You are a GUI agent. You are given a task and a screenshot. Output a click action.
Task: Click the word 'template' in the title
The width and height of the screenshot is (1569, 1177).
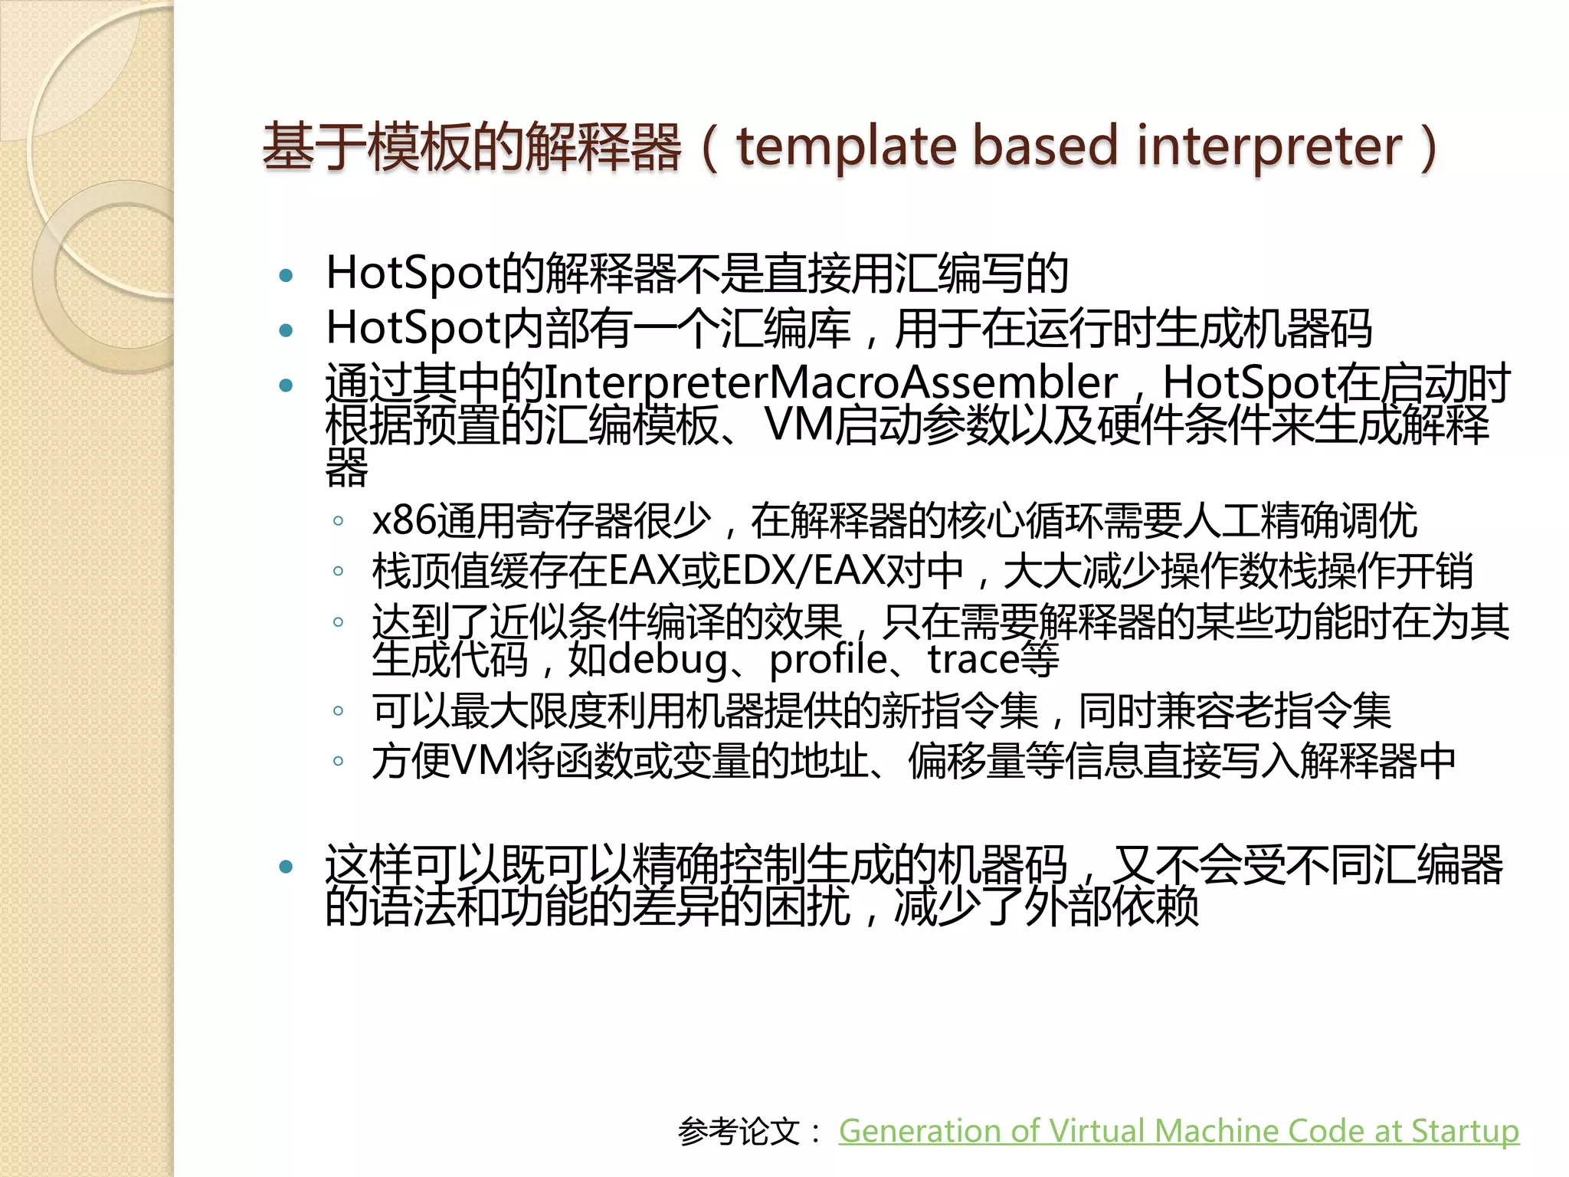[x=846, y=147]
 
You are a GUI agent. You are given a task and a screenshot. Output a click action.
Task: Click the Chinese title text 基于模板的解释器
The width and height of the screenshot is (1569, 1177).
[x=471, y=147]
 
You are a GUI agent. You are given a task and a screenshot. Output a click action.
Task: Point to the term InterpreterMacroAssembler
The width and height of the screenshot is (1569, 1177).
[x=830, y=382]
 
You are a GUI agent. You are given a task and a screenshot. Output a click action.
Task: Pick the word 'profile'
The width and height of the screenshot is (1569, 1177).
[x=828, y=660]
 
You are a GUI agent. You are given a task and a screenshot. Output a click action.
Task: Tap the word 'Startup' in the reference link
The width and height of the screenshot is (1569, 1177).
[x=1465, y=1131]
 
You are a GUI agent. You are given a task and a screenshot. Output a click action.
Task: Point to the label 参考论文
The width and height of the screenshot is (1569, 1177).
[x=739, y=1132]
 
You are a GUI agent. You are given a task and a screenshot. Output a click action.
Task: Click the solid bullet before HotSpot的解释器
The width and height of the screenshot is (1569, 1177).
[x=287, y=276]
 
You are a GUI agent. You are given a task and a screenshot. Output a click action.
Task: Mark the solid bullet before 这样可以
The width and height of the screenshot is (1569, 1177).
[x=287, y=867]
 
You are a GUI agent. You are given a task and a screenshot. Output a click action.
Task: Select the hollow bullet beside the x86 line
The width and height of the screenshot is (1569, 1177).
[x=338, y=522]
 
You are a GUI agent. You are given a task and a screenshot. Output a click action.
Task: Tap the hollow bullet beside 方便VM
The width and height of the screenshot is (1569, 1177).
[x=338, y=762]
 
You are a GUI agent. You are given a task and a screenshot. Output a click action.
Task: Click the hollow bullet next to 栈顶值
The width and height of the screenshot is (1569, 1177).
[x=338, y=572]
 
